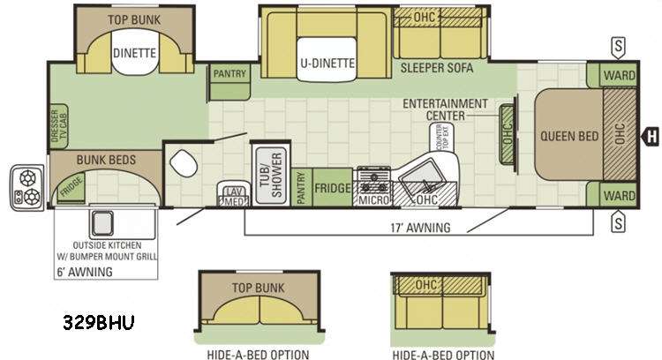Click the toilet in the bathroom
[184, 163]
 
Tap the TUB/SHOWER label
[271, 175]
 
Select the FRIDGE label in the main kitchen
[333, 188]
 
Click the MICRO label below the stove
[373, 199]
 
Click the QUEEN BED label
[569, 136]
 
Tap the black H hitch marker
[651, 136]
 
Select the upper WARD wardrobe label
[619, 76]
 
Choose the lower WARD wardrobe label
[619, 196]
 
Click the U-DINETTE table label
[327, 63]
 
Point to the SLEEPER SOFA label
[437, 68]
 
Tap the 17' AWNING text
[420, 228]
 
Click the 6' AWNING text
[85, 272]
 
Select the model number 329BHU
[99, 322]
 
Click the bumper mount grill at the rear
[27, 187]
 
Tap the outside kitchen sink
[102, 223]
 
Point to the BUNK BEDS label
[107, 160]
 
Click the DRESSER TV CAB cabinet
[59, 126]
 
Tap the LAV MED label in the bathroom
[234, 197]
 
